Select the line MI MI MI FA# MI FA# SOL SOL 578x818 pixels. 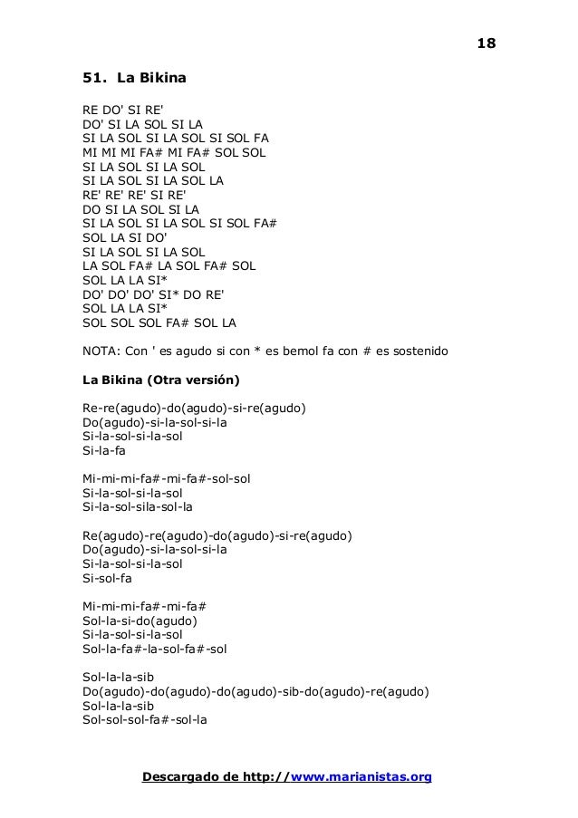tap(174, 152)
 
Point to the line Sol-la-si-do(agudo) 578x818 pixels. tap(140, 621)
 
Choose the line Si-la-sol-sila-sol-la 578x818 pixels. tap(137, 507)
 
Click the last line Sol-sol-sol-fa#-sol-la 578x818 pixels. tap(145, 720)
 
